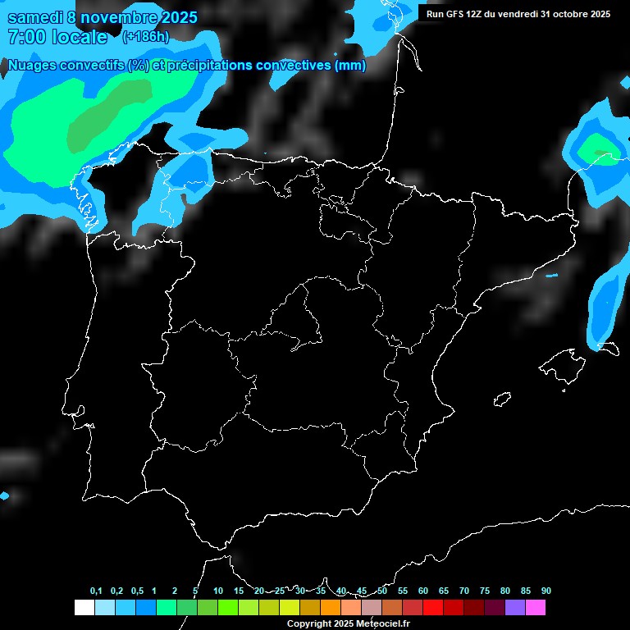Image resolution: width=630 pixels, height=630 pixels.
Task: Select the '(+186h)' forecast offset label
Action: (x=145, y=37)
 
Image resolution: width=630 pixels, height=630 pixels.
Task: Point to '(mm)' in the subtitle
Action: (x=350, y=66)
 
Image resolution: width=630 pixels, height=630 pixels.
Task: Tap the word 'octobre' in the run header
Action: (x=571, y=14)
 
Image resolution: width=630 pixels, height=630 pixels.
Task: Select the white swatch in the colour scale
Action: (x=84, y=608)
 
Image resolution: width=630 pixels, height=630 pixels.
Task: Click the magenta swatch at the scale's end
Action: (x=536, y=608)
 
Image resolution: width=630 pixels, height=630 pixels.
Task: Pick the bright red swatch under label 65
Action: (x=433, y=608)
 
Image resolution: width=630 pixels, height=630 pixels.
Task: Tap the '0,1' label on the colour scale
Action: (x=96, y=591)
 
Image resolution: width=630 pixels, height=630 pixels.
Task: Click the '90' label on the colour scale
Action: (x=546, y=591)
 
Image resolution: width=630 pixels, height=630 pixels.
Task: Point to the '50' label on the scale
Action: (x=382, y=591)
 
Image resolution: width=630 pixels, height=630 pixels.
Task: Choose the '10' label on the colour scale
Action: (x=218, y=591)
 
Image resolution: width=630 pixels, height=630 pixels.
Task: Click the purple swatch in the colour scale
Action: (x=515, y=608)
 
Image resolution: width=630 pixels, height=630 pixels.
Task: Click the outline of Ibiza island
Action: (x=503, y=399)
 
